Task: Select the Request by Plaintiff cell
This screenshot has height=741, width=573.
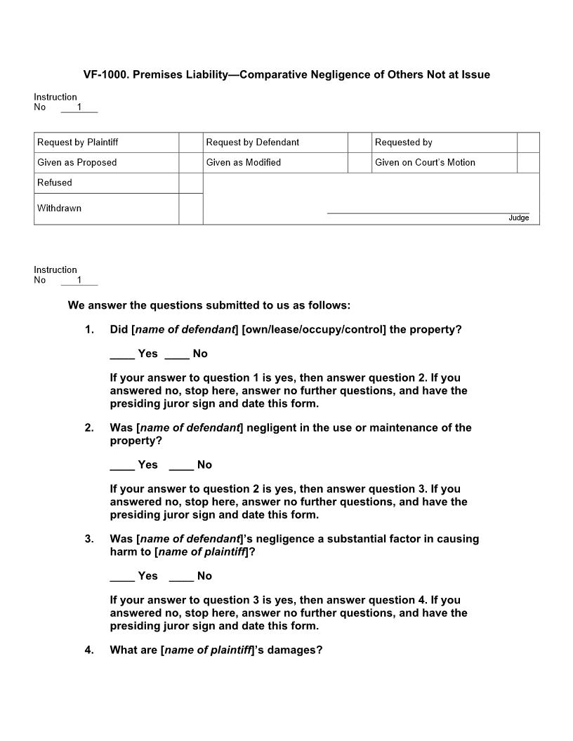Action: [x=78, y=142]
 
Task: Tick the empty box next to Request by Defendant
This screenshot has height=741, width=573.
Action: [x=360, y=142]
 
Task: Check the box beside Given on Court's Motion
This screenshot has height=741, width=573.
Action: [x=528, y=163]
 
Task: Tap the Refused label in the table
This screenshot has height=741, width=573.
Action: [x=55, y=183]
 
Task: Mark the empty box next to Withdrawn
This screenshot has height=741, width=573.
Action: [x=191, y=208]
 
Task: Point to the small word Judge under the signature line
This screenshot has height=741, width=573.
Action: [x=518, y=218]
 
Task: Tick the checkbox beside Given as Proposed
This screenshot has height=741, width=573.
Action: [x=191, y=163]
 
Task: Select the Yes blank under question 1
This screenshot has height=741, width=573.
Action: [x=122, y=354]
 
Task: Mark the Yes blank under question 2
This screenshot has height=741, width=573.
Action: [x=122, y=465]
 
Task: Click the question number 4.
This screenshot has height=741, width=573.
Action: [x=89, y=650]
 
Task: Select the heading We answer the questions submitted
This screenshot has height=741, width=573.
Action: [x=209, y=306]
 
